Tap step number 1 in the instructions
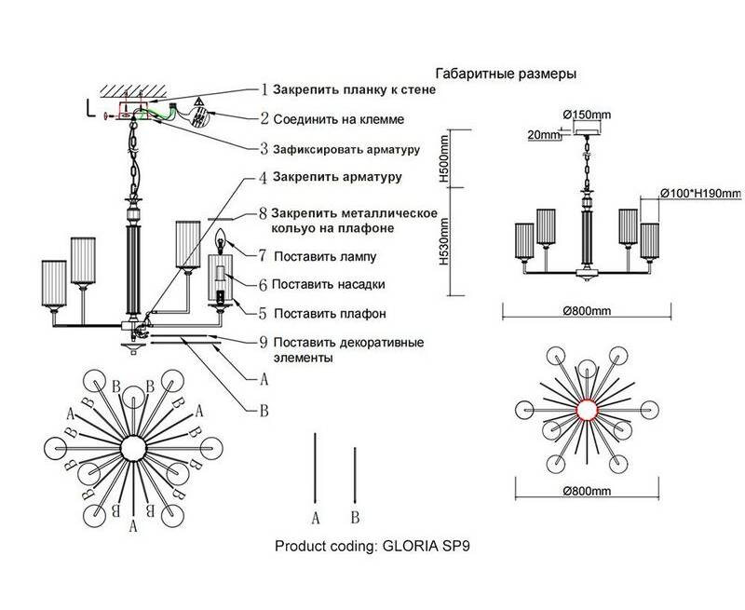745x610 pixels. (x=264, y=90)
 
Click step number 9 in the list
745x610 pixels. (x=264, y=343)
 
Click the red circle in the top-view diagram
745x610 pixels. (x=588, y=410)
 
